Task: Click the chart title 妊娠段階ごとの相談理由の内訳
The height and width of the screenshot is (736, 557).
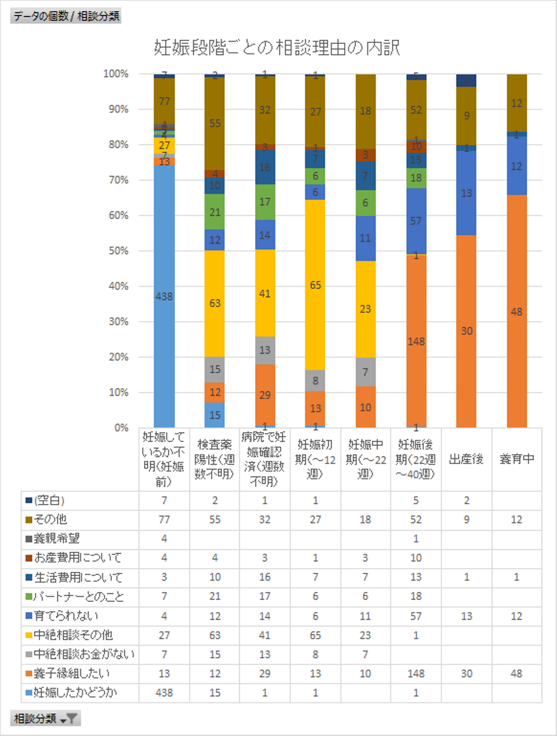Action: click(277, 48)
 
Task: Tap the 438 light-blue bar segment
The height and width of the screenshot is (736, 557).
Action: click(164, 296)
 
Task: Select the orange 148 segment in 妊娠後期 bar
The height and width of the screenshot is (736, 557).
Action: click(416, 341)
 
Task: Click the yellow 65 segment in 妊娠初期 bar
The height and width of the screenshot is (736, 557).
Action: click(315, 285)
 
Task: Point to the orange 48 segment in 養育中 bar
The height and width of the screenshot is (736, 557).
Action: click(517, 311)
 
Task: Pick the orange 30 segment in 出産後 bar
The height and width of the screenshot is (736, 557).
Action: click(466, 331)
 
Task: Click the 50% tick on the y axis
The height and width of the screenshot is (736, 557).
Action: click(118, 251)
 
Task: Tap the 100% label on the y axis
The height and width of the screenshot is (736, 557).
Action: click(116, 74)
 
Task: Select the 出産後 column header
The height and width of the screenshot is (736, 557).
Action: click(466, 459)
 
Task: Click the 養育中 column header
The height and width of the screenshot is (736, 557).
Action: click(517, 459)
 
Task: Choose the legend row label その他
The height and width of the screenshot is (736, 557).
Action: click(51, 519)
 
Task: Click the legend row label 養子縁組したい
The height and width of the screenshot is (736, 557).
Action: click(72, 673)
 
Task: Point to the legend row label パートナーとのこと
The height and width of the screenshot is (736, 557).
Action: click(79, 596)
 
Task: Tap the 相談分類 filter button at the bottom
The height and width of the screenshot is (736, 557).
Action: click(46, 719)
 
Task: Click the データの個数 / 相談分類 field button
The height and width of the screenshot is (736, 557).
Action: click(66, 16)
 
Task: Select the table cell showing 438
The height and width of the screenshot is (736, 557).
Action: click(164, 692)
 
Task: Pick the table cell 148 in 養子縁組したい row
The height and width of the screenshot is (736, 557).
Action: click(416, 673)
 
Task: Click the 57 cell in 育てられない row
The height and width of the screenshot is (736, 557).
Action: click(416, 616)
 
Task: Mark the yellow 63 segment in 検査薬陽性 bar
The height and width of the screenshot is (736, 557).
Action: click(215, 303)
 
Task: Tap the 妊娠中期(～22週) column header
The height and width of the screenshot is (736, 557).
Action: click(366, 459)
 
